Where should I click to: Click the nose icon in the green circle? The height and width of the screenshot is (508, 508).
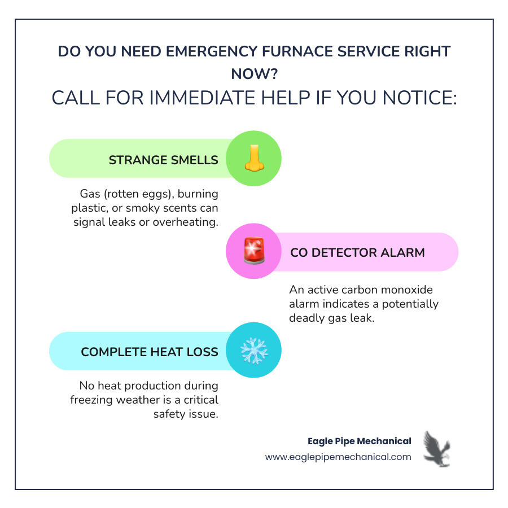(x=254, y=159)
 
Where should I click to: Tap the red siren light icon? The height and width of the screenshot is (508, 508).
(x=254, y=252)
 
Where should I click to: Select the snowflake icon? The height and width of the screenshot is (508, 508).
(x=254, y=351)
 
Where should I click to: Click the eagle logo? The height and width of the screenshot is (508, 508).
(x=436, y=449)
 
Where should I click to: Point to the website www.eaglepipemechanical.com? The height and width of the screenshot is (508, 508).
(x=338, y=457)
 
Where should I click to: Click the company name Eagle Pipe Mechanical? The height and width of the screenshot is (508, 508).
(x=359, y=441)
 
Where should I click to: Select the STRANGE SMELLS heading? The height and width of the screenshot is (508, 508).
(x=163, y=160)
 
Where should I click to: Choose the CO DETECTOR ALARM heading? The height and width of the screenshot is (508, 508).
(x=357, y=252)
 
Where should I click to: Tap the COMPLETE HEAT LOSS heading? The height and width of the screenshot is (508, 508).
(x=149, y=352)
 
